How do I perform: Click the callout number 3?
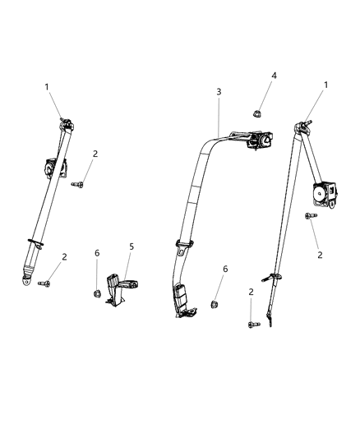(219, 91)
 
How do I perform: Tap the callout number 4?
(275, 76)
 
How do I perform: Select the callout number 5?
(130, 246)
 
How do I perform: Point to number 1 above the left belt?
(47, 86)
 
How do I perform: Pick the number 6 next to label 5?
(97, 253)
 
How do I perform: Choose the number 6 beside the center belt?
(224, 269)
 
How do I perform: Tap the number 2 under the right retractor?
(320, 255)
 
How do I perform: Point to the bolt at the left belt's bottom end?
(44, 284)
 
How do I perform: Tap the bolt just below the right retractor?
(310, 216)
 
